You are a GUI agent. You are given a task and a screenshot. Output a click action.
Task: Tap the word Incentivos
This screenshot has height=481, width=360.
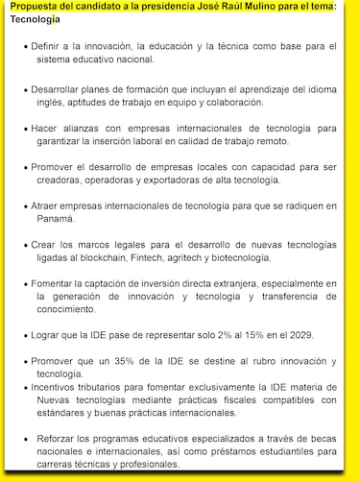click(x=61, y=386)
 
